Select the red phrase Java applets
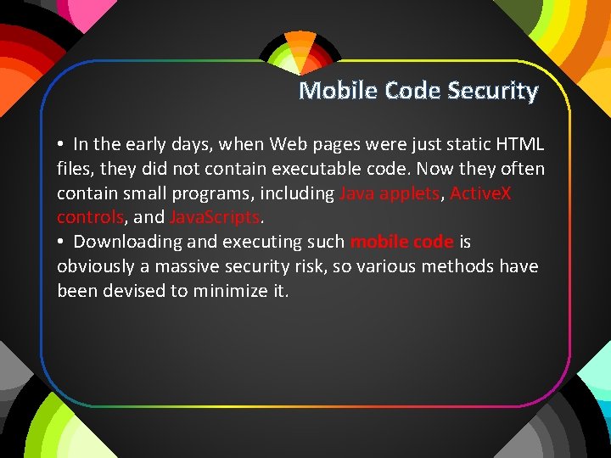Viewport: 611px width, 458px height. [x=390, y=193]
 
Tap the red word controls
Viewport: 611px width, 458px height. [x=90, y=217]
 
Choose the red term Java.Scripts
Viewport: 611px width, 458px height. [x=214, y=217]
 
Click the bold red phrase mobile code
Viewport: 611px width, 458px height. [x=401, y=242]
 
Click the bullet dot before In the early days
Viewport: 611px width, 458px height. [x=62, y=145]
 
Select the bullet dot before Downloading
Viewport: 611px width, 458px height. [x=62, y=243]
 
